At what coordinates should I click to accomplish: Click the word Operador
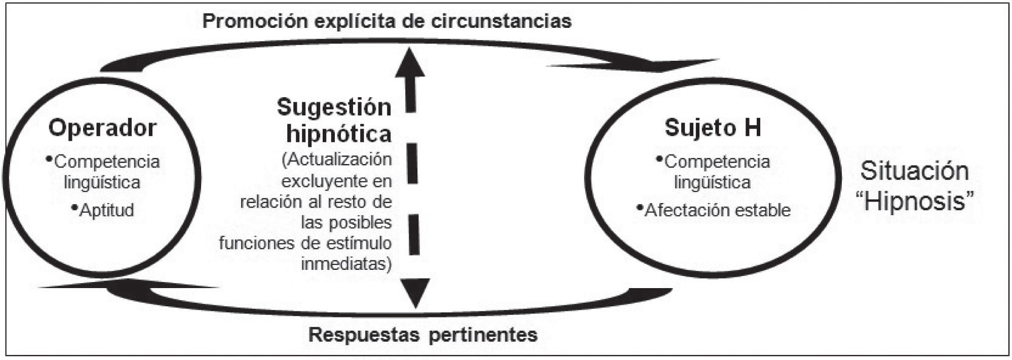tap(102, 128)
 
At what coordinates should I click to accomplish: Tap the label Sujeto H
tap(713, 128)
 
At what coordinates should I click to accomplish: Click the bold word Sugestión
tap(334, 107)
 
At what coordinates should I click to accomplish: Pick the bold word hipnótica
tap(339, 134)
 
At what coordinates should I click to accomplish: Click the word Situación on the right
tap(914, 171)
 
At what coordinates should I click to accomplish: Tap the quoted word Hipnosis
tap(914, 202)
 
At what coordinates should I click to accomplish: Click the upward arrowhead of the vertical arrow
tap(411, 63)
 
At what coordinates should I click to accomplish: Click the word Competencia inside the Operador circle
tap(106, 162)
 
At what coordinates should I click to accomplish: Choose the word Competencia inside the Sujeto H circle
tap(717, 162)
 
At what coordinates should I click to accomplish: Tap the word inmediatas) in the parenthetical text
tap(346, 264)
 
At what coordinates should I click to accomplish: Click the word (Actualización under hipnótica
tap(337, 159)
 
